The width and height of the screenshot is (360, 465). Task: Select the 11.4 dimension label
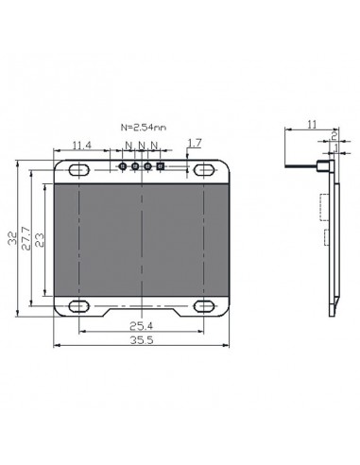click(x=82, y=145)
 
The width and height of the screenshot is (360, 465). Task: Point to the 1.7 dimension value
click(x=194, y=143)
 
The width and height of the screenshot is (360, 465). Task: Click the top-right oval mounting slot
click(x=203, y=169)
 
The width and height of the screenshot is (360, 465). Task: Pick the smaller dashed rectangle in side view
click(x=326, y=236)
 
